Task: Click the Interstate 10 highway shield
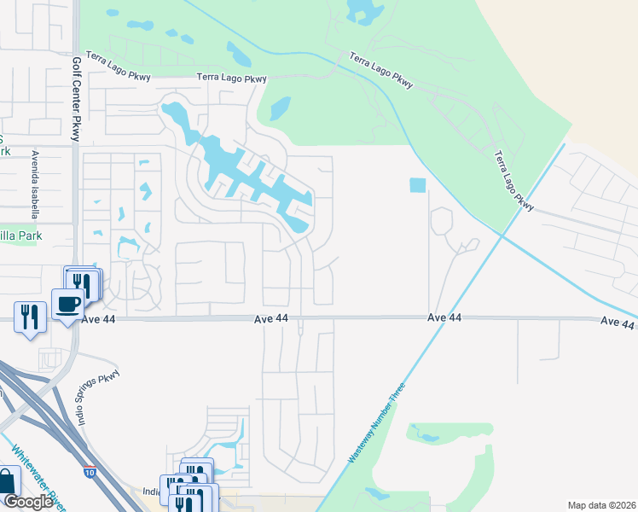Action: (90, 471)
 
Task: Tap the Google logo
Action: (28, 502)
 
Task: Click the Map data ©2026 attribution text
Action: (601, 505)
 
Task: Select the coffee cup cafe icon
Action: (67, 303)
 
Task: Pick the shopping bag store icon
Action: (7, 482)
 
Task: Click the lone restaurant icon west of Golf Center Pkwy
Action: (29, 317)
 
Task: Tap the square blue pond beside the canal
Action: (417, 185)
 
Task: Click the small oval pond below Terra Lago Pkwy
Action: (280, 108)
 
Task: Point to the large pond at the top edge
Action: (362, 9)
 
